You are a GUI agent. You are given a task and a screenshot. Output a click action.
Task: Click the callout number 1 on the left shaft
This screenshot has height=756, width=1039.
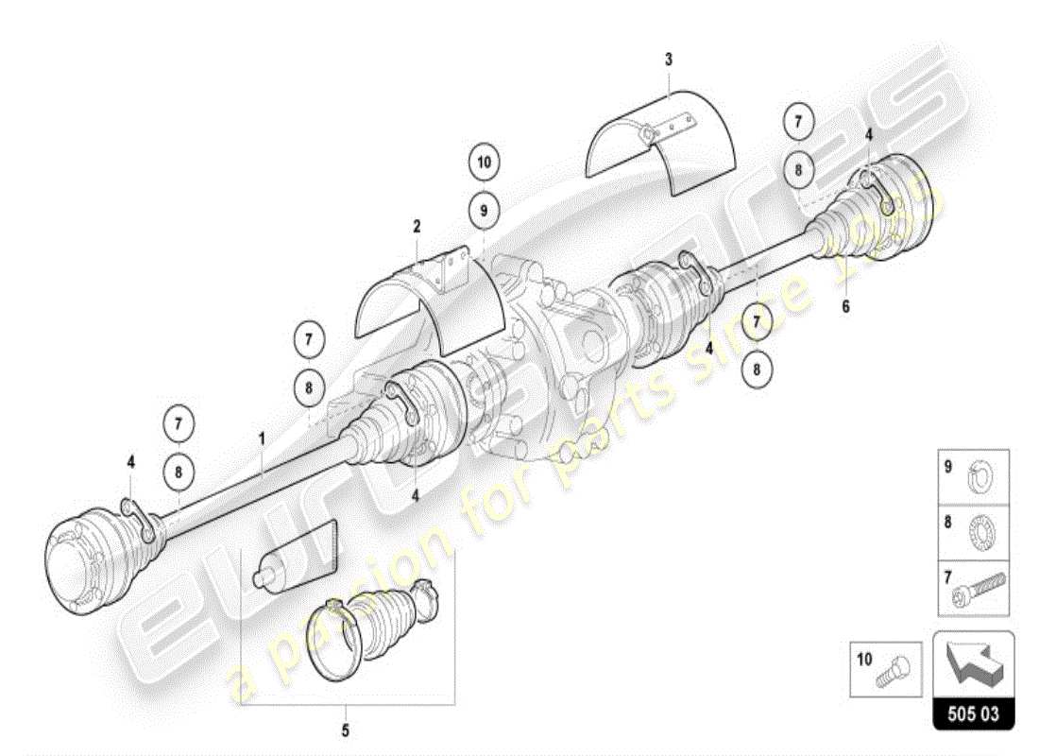(262, 438)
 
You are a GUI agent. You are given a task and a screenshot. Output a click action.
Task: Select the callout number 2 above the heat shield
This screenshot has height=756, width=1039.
(417, 227)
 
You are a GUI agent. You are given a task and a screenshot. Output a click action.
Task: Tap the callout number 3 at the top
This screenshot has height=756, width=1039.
(669, 60)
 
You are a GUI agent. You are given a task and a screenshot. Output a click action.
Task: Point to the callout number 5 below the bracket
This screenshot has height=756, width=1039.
(346, 730)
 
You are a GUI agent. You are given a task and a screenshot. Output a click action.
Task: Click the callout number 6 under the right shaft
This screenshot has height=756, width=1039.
(845, 306)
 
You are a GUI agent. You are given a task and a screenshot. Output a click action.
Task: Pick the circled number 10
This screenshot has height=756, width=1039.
(484, 163)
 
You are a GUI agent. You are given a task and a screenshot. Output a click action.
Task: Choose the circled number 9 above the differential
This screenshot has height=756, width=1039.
(484, 212)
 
